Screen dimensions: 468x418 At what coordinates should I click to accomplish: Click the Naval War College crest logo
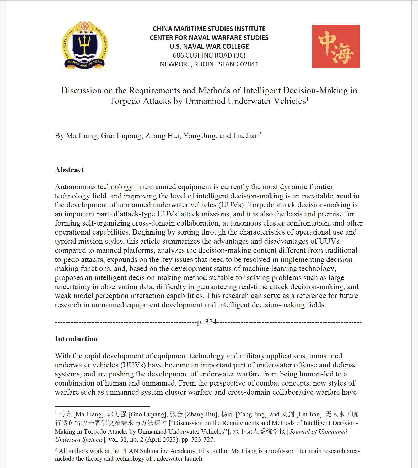point(85,46)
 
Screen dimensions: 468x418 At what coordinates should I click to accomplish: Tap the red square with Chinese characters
point(336,47)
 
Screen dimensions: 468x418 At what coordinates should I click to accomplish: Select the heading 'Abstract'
point(69,170)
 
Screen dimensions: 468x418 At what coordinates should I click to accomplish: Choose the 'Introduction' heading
point(76,339)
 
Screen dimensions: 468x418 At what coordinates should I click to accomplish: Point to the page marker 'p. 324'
point(207,322)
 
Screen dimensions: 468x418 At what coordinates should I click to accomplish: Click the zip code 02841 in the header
point(249,64)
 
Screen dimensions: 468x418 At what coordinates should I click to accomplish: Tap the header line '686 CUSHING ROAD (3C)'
point(209,55)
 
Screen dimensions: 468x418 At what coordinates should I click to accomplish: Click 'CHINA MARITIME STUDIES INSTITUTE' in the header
point(209,29)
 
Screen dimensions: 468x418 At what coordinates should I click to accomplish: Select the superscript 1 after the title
point(308,99)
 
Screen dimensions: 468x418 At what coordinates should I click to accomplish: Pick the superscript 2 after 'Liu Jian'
point(260,133)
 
